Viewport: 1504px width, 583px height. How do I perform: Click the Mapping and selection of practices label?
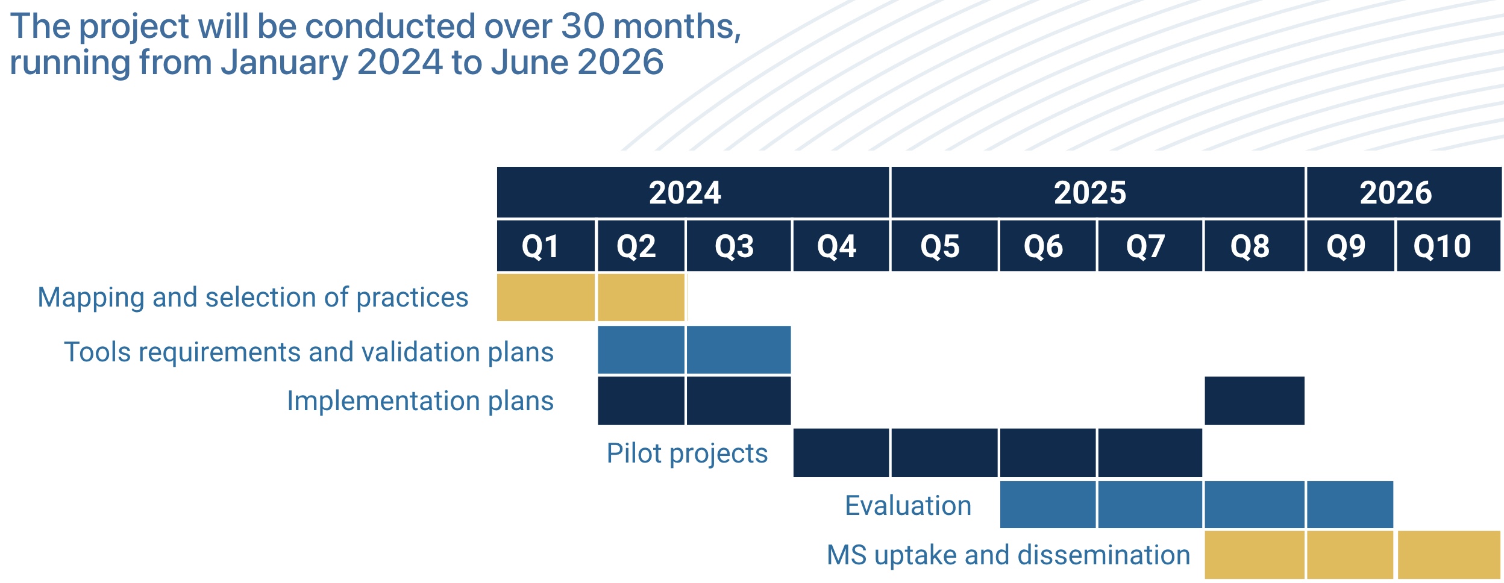[x=253, y=298]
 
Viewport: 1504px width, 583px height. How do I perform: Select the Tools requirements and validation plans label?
[x=309, y=352]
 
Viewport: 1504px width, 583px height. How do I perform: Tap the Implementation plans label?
[x=420, y=401]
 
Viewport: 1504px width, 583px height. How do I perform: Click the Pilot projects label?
[x=687, y=453]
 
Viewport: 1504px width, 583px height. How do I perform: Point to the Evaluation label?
[x=908, y=505]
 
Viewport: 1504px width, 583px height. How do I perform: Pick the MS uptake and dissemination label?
[x=1008, y=555]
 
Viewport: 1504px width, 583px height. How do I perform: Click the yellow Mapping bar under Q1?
[x=545, y=297]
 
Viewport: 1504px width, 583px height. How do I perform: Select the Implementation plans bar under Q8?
[x=1254, y=401]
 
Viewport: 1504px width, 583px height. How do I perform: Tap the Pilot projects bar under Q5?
[x=944, y=452]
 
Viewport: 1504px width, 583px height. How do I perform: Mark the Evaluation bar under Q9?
[x=1350, y=504]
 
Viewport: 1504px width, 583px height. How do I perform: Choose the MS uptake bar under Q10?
[x=1448, y=554]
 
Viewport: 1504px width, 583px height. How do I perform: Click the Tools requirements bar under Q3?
[x=738, y=349]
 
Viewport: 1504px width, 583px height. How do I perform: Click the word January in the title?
[x=283, y=62]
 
